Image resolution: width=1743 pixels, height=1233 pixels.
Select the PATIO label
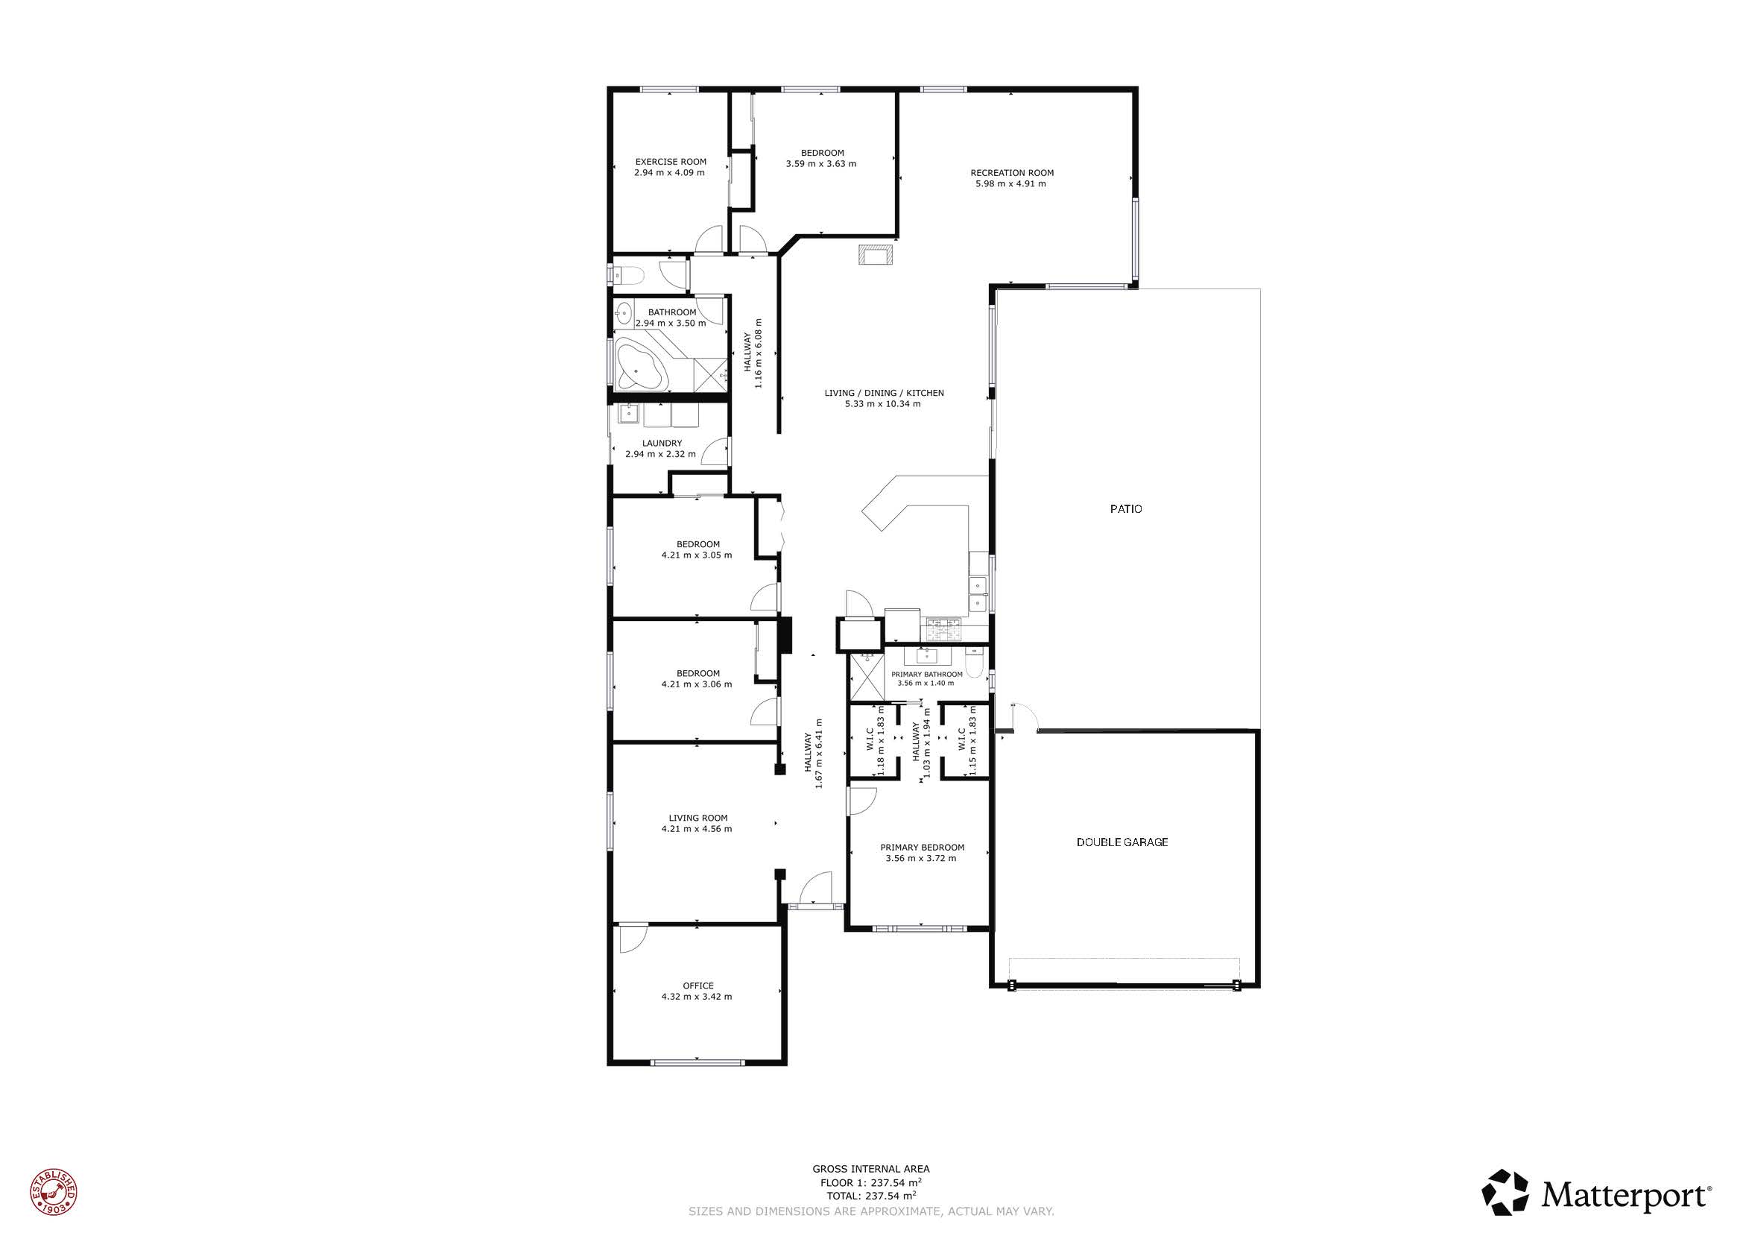pyautogui.click(x=1126, y=509)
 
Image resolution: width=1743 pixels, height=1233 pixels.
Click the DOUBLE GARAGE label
pyautogui.click(x=1122, y=842)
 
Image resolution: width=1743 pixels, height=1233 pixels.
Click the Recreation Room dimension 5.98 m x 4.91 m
pyautogui.click(x=1010, y=183)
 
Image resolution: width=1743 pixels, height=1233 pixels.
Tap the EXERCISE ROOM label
pyautogui.click(x=671, y=162)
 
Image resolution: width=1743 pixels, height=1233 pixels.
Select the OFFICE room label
pyautogui.click(x=697, y=986)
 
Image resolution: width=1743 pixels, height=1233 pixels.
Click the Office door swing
pyautogui.click(x=633, y=939)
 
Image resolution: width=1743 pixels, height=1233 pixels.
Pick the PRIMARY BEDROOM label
pyautogui.click(x=923, y=848)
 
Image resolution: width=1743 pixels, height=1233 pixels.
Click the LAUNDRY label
pyautogui.click(x=662, y=444)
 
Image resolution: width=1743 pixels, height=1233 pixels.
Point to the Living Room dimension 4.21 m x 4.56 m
pyautogui.click(x=696, y=829)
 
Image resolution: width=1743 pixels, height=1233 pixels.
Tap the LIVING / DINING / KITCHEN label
pyautogui.click(x=885, y=394)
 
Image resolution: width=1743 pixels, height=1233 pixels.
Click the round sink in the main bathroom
pyautogui.click(x=624, y=311)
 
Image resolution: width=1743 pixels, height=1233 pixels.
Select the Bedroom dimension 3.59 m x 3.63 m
pyautogui.click(x=820, y=164)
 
